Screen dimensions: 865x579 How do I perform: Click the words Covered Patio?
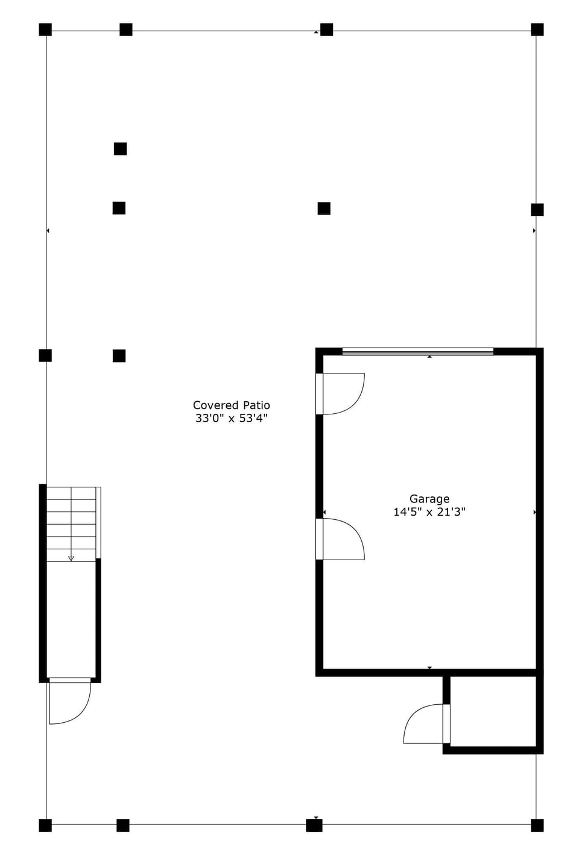click(231, 405)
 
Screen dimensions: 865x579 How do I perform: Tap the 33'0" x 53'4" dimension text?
click(231, 419)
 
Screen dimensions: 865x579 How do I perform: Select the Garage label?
click(429, 499)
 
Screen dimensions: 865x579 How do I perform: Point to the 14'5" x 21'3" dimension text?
click(429, 512)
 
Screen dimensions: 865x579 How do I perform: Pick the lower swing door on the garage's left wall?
click(341, 539)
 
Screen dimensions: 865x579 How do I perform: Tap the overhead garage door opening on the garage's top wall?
click(417, 351)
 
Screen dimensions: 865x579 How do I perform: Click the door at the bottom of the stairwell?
click(70, 702)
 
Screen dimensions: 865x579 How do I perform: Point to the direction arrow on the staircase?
click(71, 558)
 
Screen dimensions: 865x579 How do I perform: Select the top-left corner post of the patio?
click(45, 30)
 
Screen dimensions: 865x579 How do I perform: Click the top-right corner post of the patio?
click(537, 30)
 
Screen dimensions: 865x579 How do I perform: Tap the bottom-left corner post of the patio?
click(45, 825)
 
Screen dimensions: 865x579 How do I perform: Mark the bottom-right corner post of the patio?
click(537, 825)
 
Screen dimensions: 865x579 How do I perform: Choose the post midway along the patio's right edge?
click(537, 210)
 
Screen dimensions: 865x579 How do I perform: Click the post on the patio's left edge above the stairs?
click(45, 355)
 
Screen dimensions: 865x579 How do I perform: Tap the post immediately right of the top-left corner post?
click(125, 30)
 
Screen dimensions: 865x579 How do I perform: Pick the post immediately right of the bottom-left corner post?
click(122, 825)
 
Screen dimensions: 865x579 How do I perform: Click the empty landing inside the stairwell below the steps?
click(71, 620)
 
